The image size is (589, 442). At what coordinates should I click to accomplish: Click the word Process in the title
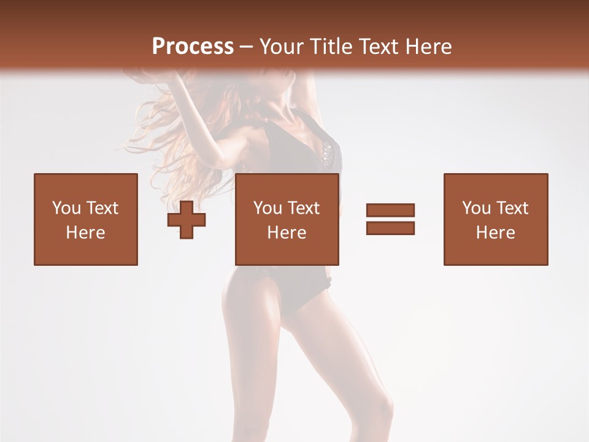193,47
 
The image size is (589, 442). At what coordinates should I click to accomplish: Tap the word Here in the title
428,47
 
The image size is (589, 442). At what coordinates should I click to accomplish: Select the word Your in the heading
281,47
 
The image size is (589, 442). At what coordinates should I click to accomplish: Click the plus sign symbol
187,220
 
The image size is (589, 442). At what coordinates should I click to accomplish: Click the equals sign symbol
390,219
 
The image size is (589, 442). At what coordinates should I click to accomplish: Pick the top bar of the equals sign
390,210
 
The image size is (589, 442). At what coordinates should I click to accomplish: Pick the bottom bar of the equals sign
390,228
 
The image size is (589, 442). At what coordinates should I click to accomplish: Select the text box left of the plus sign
86,220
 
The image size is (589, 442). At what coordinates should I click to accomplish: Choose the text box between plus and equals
287,220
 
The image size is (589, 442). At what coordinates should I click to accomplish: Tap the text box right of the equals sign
496,220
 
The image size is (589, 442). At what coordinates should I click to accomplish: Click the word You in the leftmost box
66,208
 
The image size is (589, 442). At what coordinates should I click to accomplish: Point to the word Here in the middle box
287,233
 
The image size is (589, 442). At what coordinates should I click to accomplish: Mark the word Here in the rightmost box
496,233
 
